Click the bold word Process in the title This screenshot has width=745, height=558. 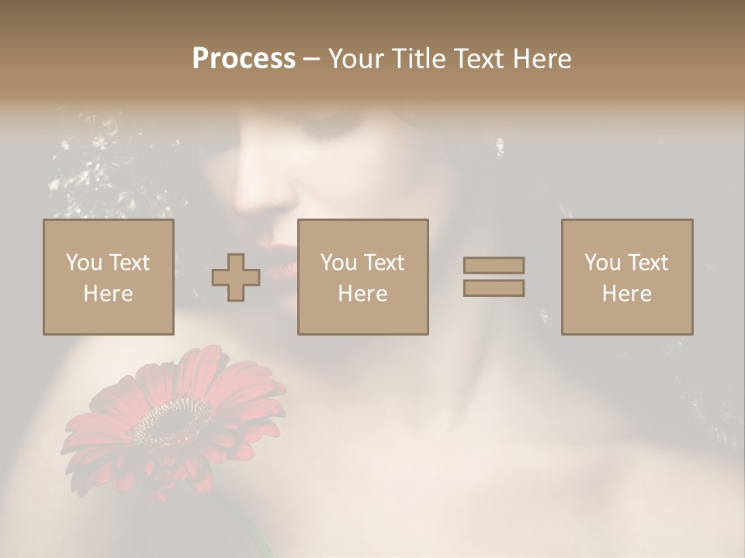click(244, 59)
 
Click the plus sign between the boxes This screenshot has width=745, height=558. click(236, 277)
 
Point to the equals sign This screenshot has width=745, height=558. click(494, 277)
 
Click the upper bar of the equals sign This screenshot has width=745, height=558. click(494, 266)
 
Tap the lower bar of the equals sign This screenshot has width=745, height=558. click(494, 288)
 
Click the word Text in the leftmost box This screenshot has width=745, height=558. click(129, 263)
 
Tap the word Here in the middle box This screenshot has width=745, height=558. click(363, 294)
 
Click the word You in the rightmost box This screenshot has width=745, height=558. click(603, 263)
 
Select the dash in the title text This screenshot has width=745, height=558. click(311, 60)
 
